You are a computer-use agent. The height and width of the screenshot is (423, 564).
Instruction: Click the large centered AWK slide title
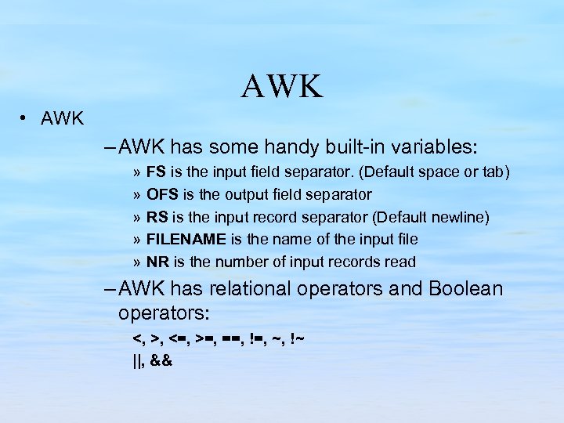(282, 87)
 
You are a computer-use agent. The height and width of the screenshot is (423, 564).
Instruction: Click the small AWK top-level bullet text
(62, 119)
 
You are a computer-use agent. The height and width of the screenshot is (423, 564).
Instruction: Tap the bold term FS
(156, 172)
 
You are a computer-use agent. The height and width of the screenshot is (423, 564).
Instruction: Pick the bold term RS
(157, 217)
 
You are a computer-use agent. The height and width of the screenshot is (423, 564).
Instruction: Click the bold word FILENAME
(186, 240)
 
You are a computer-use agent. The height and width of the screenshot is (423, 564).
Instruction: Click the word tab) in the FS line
(497, 172)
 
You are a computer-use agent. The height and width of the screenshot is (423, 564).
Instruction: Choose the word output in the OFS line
(244, 194)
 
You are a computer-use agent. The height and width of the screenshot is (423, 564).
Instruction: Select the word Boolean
(466, 288)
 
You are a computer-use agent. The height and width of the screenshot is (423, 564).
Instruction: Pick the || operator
(138, 361)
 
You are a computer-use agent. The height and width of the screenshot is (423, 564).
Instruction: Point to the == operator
(231, 339)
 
